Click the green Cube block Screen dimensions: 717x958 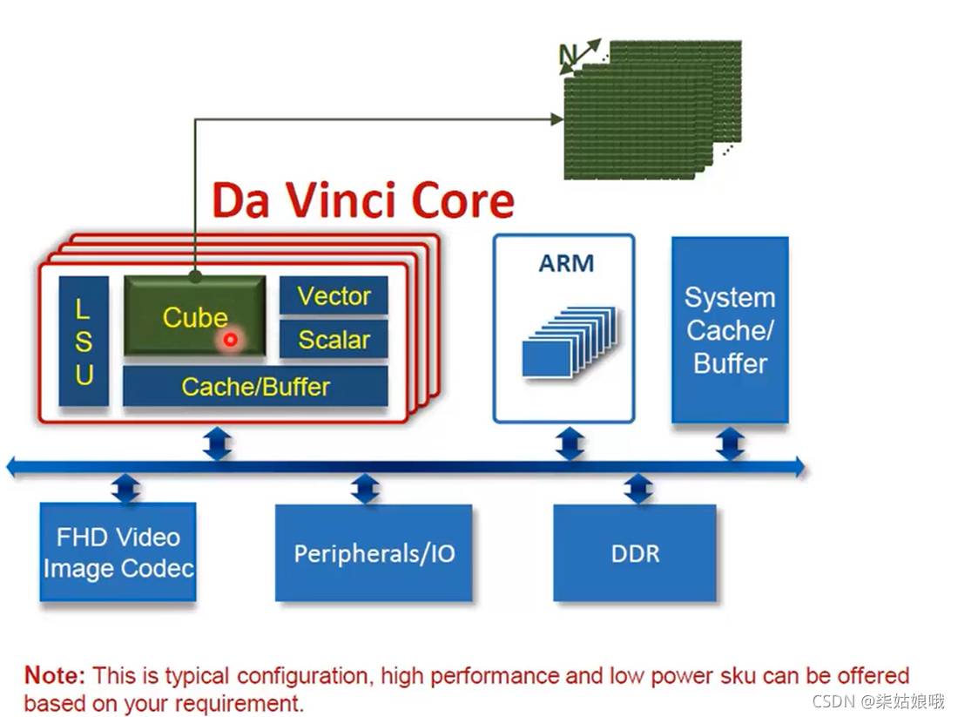[x=193, y=315]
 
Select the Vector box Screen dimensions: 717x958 [x=334, y=296]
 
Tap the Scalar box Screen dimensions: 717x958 [x=334, y=340]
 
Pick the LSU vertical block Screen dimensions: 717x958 [x=84, y=342]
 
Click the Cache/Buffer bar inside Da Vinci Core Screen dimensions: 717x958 [x=255, y=386]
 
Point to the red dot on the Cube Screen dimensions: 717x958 [x=230, y=340]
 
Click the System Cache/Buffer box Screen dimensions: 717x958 [x=730, y=330]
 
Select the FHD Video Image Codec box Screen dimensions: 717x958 [x=118, y=552]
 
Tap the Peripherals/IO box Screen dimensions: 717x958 [x=374, y=553]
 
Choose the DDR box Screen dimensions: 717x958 [x=635, y=553]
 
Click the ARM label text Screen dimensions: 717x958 [x=566, y=263]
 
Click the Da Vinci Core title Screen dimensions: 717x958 [x=363, y=201]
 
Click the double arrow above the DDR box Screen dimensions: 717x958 [x=638, y=489]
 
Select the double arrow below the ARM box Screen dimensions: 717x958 [x=570, y=443]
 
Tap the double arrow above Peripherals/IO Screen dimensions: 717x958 [x=366, y=489]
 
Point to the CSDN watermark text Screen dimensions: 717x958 [x=878, y=700]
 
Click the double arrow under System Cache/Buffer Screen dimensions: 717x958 [x=730, y=443]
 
